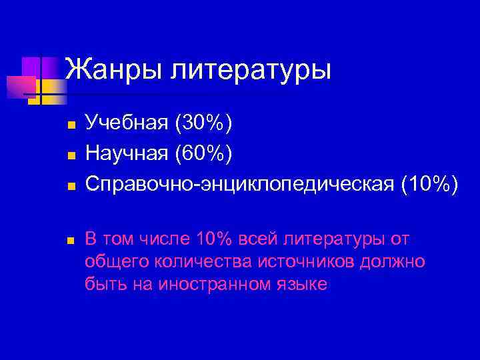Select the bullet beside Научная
pyautogui.click(x=68, y=155)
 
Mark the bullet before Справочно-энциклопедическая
pyautogui.click(x=68, y=186)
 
